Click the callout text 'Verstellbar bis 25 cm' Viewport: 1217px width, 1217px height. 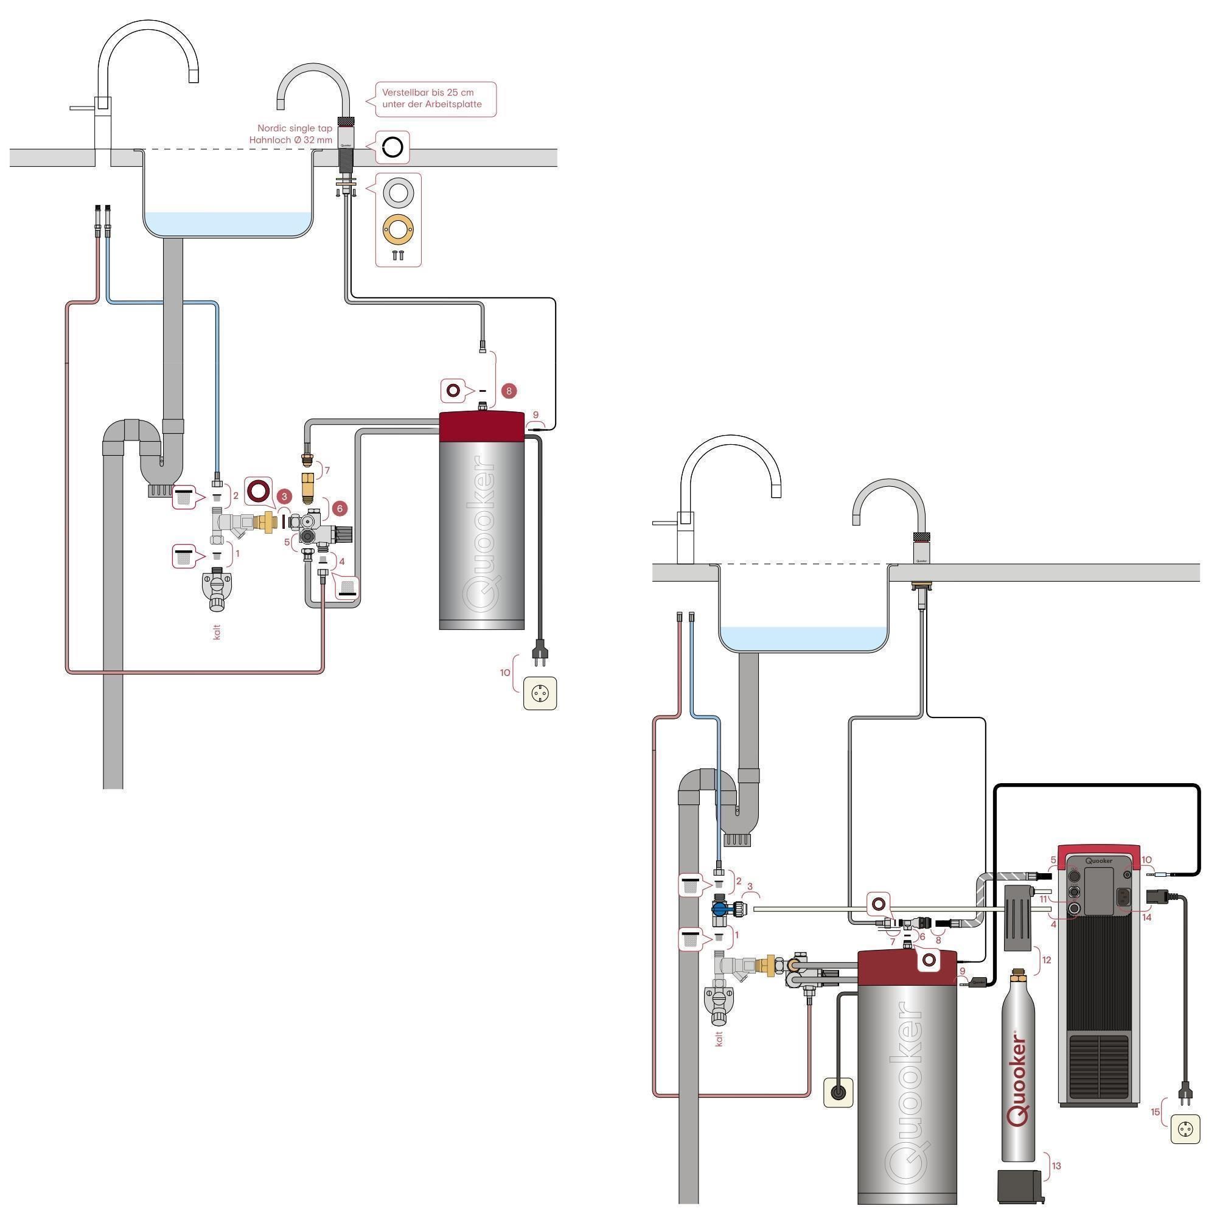coord(428,92)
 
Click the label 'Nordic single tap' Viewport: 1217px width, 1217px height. coord(295,128)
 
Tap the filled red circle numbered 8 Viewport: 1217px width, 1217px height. coord(509,391)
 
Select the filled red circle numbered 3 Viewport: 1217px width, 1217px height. coord(284,497)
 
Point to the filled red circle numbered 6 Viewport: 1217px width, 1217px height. coord(340,508)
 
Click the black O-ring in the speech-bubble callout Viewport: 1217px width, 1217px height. coord(392,147)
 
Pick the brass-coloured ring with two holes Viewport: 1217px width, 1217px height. coord(398,229)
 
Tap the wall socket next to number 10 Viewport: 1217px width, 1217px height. coord(540,693)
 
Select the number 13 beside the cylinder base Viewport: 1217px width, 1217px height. coord(1056,1166)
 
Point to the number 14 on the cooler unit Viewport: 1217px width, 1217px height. coord(1146,917)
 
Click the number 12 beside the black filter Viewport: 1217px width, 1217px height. coord(1046,960)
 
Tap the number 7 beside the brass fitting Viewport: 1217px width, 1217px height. coord(327,470)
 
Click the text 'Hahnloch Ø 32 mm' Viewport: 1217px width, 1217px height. coord(290,140)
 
